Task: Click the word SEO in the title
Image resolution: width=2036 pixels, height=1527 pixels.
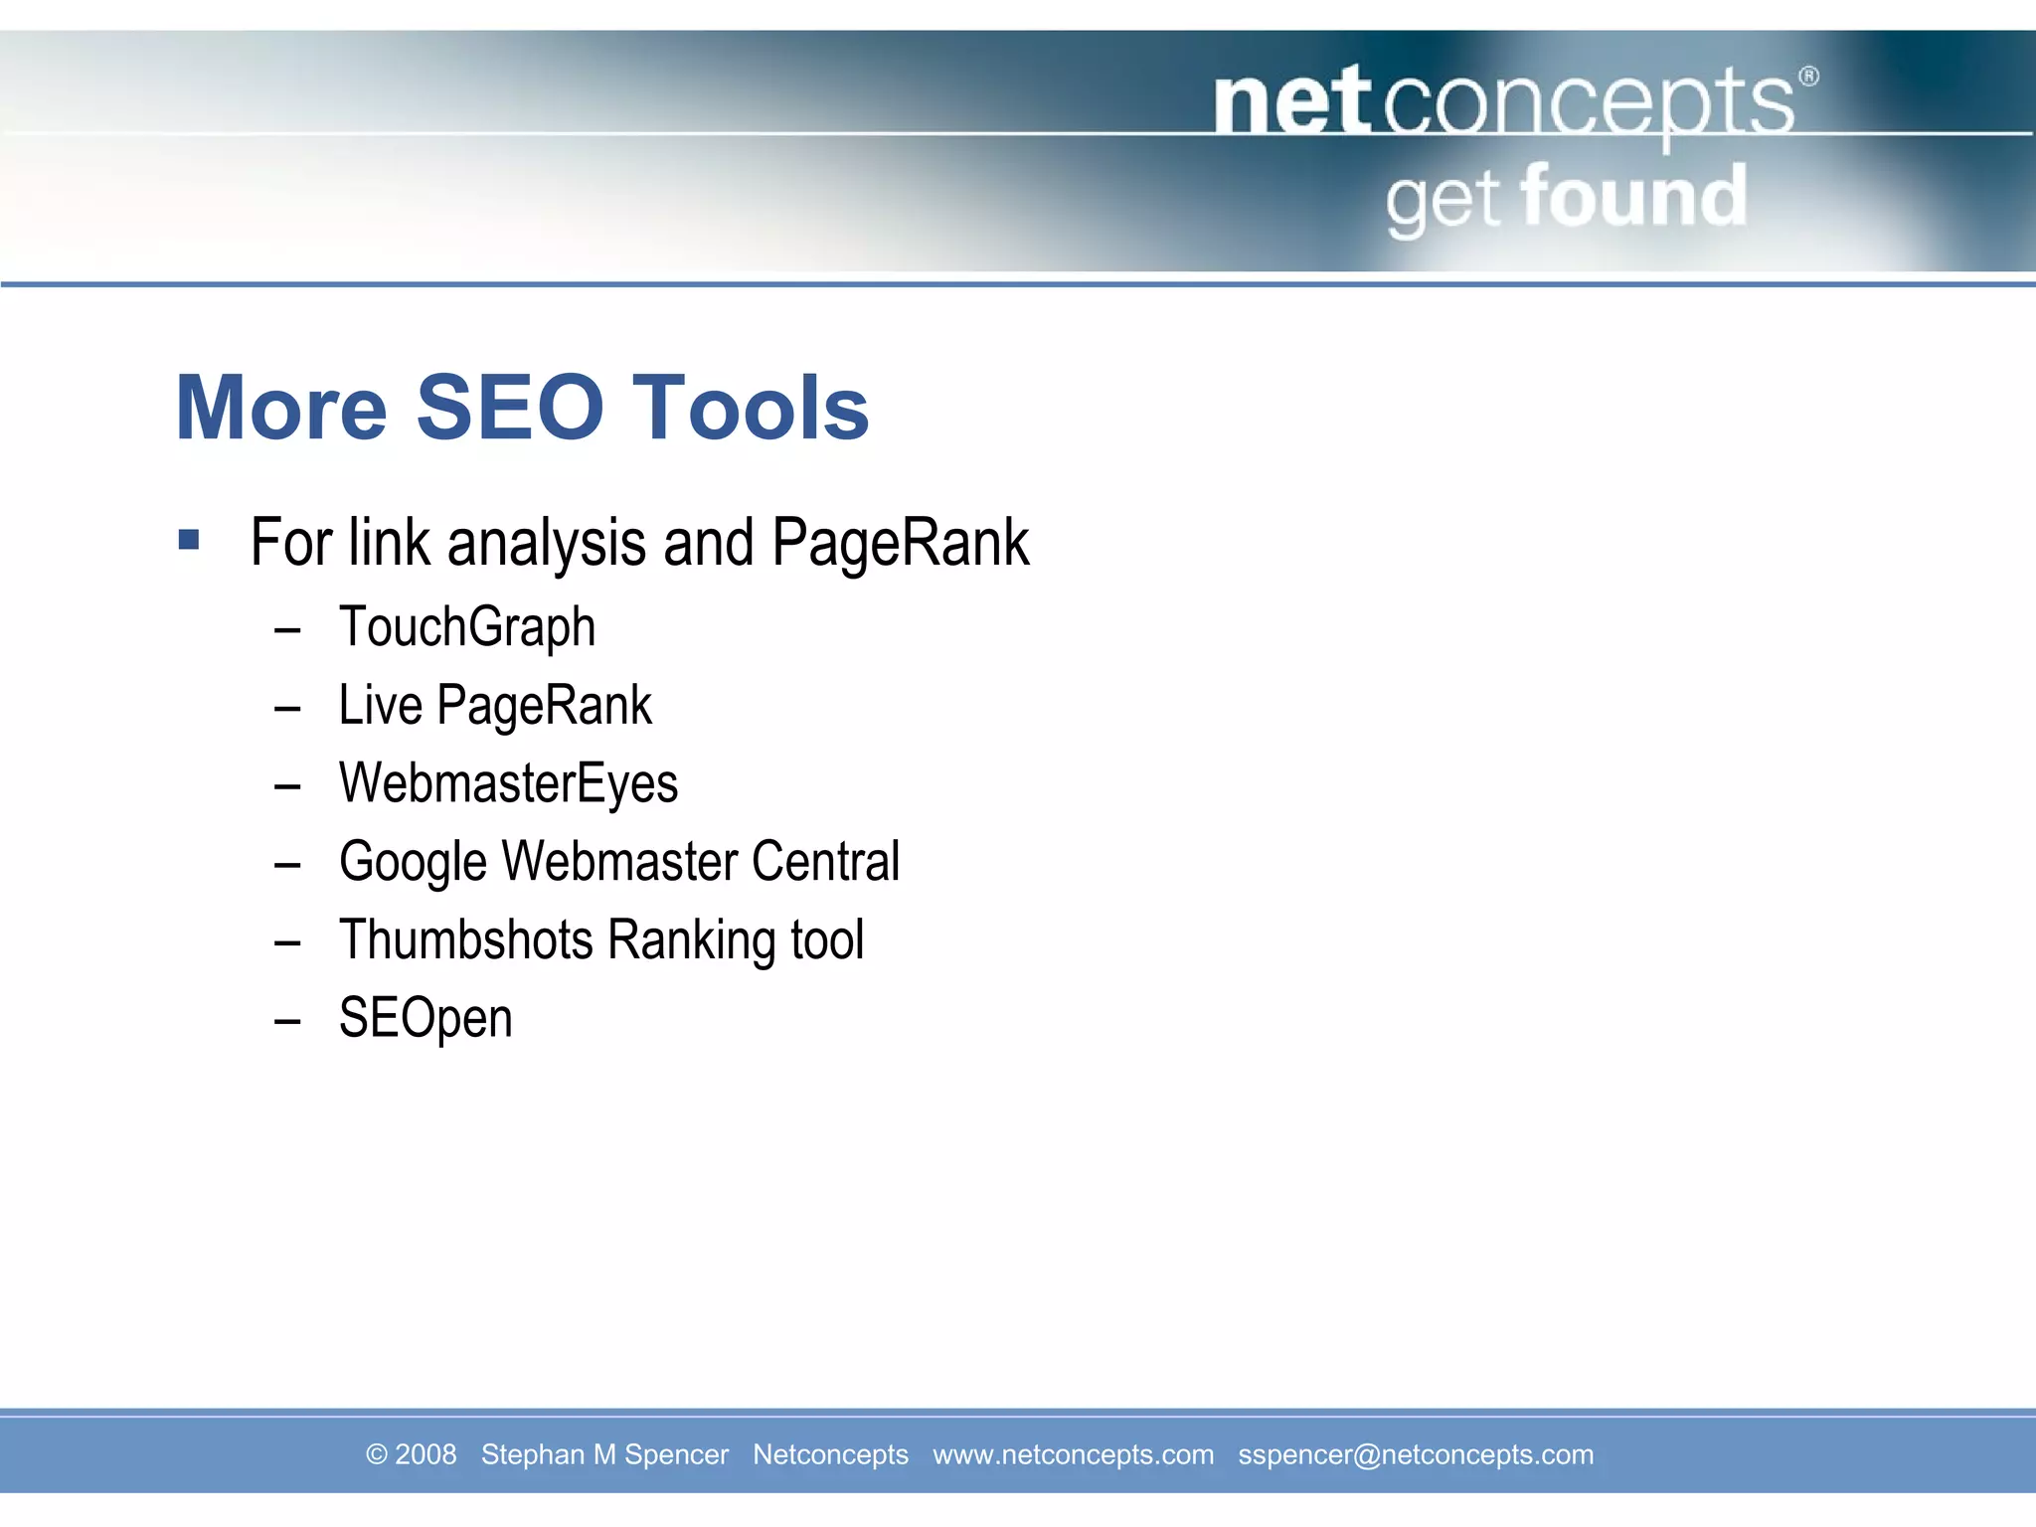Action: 509,408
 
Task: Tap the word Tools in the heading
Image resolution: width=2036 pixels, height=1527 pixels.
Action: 751,408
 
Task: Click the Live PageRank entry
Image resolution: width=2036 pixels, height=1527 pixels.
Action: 495,707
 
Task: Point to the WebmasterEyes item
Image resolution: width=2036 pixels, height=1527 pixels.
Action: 508,784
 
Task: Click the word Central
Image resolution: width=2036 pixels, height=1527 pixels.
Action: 825,861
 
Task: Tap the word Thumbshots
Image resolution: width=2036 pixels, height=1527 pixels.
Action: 465,939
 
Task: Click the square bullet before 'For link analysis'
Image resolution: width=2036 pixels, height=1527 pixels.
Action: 189,541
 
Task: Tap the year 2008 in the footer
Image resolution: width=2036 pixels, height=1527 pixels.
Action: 424,1454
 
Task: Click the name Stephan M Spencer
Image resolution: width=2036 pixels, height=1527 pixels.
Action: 604,1454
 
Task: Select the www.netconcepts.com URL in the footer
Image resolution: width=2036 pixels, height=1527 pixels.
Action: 1073,1454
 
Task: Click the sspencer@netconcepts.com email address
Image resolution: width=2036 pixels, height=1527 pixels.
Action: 1415,1454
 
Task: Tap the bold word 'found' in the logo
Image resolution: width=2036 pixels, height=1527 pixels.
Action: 1633,197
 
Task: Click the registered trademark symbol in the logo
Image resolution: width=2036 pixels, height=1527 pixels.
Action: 1808,77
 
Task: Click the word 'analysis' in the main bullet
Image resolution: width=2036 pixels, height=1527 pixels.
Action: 547,544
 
